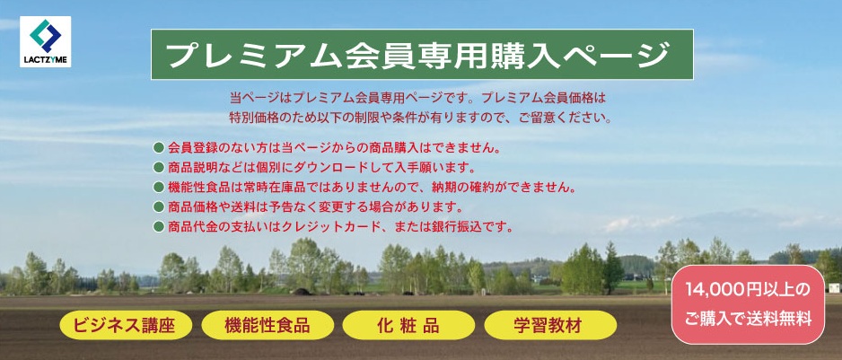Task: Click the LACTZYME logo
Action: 45,41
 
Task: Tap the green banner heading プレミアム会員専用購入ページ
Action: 422,54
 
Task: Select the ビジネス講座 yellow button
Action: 126,325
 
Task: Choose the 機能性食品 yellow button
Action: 268,325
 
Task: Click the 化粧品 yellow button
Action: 408,325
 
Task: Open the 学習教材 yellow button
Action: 550,325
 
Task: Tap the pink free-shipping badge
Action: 748,304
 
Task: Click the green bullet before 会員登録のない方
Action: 158,148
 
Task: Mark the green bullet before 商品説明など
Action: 158,167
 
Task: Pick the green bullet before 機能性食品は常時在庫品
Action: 158,187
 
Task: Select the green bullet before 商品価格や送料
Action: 158,206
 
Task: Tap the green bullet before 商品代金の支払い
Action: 158,226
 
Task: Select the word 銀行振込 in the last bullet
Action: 459,226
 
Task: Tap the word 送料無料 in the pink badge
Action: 785,320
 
